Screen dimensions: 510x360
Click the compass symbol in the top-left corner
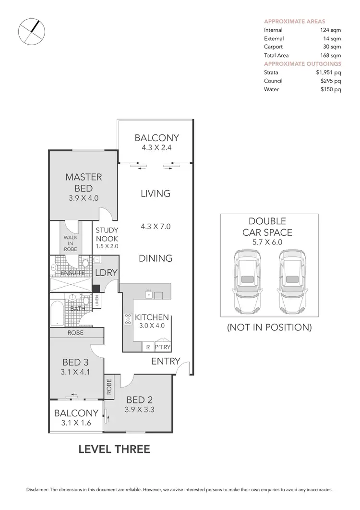(x=31, y=32)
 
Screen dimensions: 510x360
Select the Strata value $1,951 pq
(x=328, y=73)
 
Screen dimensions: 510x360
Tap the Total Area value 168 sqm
(x=330, y=55)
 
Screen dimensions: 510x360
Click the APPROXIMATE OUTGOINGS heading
(x=302, y=63)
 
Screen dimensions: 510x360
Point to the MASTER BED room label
(x=84, y=183)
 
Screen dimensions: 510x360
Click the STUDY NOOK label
(x=107, y=234)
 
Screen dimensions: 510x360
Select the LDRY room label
(x=106, y=272)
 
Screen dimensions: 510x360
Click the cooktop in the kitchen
(x=128, y=319)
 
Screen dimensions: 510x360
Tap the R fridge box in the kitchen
(x=147, y=346)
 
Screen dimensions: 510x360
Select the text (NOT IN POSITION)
(x=269, y=328)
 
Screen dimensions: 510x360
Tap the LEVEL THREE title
(x=114, y=449)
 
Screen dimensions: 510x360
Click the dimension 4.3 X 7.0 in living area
(x=156, y=226)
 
